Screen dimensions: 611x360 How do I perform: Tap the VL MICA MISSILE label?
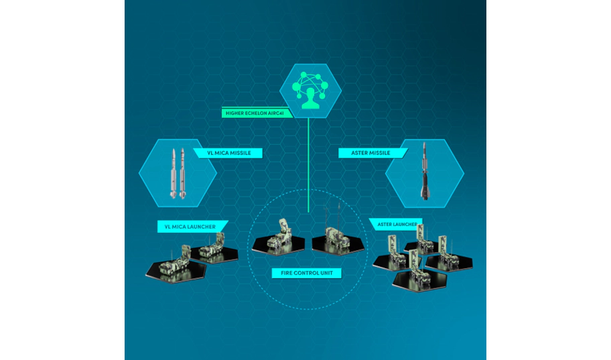tap(228, 153)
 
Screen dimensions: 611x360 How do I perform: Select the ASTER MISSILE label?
tap(371, 153)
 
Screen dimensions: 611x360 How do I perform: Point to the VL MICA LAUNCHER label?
tap(190, 227)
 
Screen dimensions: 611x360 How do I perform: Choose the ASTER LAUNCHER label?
tap(397, 225)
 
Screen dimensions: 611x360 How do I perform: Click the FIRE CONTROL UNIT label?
tap(307, 273)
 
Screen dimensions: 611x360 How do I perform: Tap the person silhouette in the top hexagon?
tap(311, 99)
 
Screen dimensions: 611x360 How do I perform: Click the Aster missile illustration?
tap(424, 171)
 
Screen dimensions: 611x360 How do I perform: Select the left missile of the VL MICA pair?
tap(174, 174)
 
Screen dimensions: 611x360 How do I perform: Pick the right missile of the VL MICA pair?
tap(182, 174)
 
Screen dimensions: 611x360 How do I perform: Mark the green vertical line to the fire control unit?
tap(308, 166)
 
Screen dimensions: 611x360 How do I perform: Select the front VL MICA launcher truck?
tap(175, 261)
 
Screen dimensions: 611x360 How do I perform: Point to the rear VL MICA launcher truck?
tap(212, 246)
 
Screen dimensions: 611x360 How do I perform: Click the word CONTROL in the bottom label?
tap(307, 273)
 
